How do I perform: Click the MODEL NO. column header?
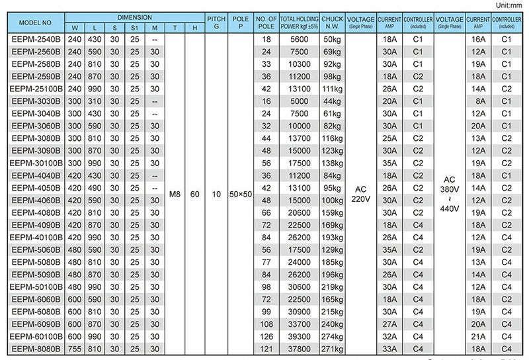pyautogui.click(x=36, y=22)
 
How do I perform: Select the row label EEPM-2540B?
pyautogui.click(x=36, y=40)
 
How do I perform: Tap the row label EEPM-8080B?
pyautogui.click(x=36, y=349)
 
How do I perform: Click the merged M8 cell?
pyautogui.click(x=174, y=194)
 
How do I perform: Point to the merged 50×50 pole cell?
pyautogui.click(x=240, y=194)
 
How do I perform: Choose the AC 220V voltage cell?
pyautogui.click(x=360, y=194)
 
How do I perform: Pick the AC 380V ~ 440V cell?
pyautogui.click(x=450, y=194)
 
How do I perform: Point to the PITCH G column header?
pyautogui.click(x=216, y=22)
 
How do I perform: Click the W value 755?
pyautogui.click(x=74, y=349)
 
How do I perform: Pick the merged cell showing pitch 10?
pyautogui.click(x=216, y=194)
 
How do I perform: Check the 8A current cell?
pyautogui.click(x=478, y=101)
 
